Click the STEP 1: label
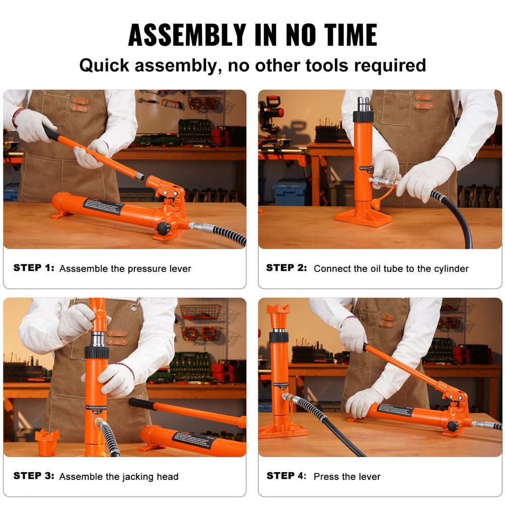33,268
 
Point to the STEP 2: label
286,268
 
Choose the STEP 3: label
33,476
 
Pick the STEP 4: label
286,476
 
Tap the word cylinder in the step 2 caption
450,269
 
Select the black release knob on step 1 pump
163,228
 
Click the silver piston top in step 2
363,105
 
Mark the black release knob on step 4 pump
452,425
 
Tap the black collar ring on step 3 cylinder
96,352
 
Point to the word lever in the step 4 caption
370,476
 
